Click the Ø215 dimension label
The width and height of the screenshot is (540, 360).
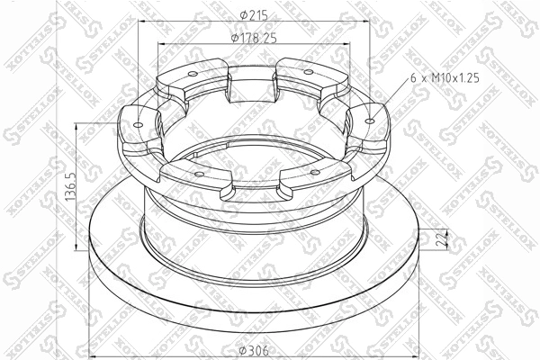[254, 15]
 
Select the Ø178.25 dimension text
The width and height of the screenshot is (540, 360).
[254, 38]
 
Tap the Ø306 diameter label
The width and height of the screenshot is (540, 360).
[254, 351]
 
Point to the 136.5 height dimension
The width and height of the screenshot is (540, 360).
[70, 186]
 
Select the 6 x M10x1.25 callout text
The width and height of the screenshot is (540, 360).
[445, 78]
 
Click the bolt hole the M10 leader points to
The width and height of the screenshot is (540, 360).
[370, 121]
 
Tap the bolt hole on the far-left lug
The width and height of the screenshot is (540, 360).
[138, 124]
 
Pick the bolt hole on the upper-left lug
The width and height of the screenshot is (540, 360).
[193, 74]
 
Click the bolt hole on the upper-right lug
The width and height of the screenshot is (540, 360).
[309, 72]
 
